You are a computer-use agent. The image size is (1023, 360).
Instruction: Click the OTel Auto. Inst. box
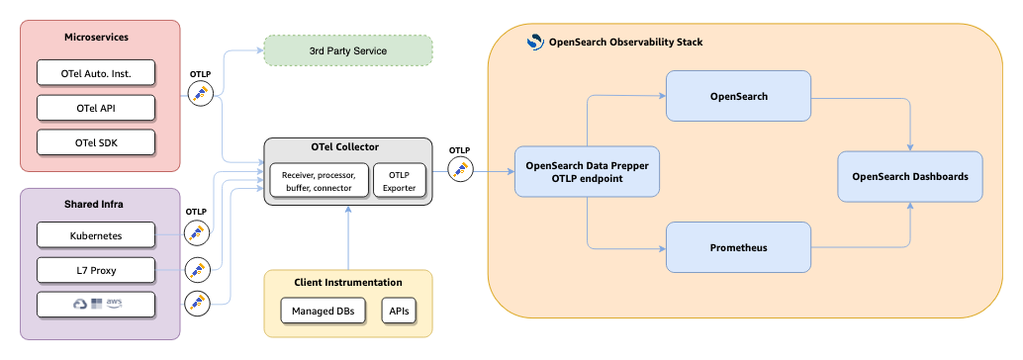(96, 72)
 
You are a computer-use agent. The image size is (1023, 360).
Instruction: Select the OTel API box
(96, 107)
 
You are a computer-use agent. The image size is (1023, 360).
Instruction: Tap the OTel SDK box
(96, 141)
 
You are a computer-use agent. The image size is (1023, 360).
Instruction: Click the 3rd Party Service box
(348, 50)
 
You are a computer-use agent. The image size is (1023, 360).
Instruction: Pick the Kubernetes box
(96, 234)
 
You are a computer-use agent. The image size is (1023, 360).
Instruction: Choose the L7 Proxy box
(96, 269)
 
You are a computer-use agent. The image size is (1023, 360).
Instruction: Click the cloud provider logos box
(96, 304)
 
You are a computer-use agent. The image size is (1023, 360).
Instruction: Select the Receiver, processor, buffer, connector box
(319, 180)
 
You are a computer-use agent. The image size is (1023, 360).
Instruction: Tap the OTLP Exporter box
(399, 180)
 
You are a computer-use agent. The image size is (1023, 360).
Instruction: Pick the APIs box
(399, 312)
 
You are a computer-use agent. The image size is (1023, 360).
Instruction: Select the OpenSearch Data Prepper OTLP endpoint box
(588, 171)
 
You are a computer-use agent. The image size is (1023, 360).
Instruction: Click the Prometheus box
(739, 247)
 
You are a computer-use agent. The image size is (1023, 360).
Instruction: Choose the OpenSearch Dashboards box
(910, 177)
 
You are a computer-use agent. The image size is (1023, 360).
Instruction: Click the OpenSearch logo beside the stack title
(535, 43)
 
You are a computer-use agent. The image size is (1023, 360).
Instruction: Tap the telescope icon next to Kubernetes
(199, 233)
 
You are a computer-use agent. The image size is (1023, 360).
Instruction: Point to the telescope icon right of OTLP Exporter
(460, 169)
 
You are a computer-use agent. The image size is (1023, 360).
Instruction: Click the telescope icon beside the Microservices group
(201, 94)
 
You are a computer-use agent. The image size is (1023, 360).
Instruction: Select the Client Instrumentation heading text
(348, 283)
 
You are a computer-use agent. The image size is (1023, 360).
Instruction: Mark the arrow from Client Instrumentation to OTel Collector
(348, 237)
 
